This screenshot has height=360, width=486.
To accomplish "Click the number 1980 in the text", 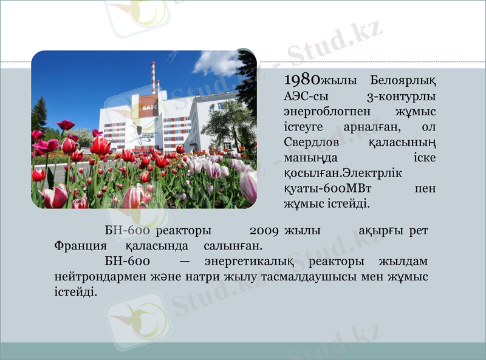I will (x=302, y=80).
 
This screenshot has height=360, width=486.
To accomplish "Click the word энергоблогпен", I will (x=321, y=112).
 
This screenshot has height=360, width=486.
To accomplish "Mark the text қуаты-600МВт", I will (x=323, y=189).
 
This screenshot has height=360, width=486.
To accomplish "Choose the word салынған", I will (x=233, y=246).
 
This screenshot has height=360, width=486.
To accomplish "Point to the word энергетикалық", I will (x=250, y=262).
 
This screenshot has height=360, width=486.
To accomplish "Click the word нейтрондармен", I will (x=95, y=277).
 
